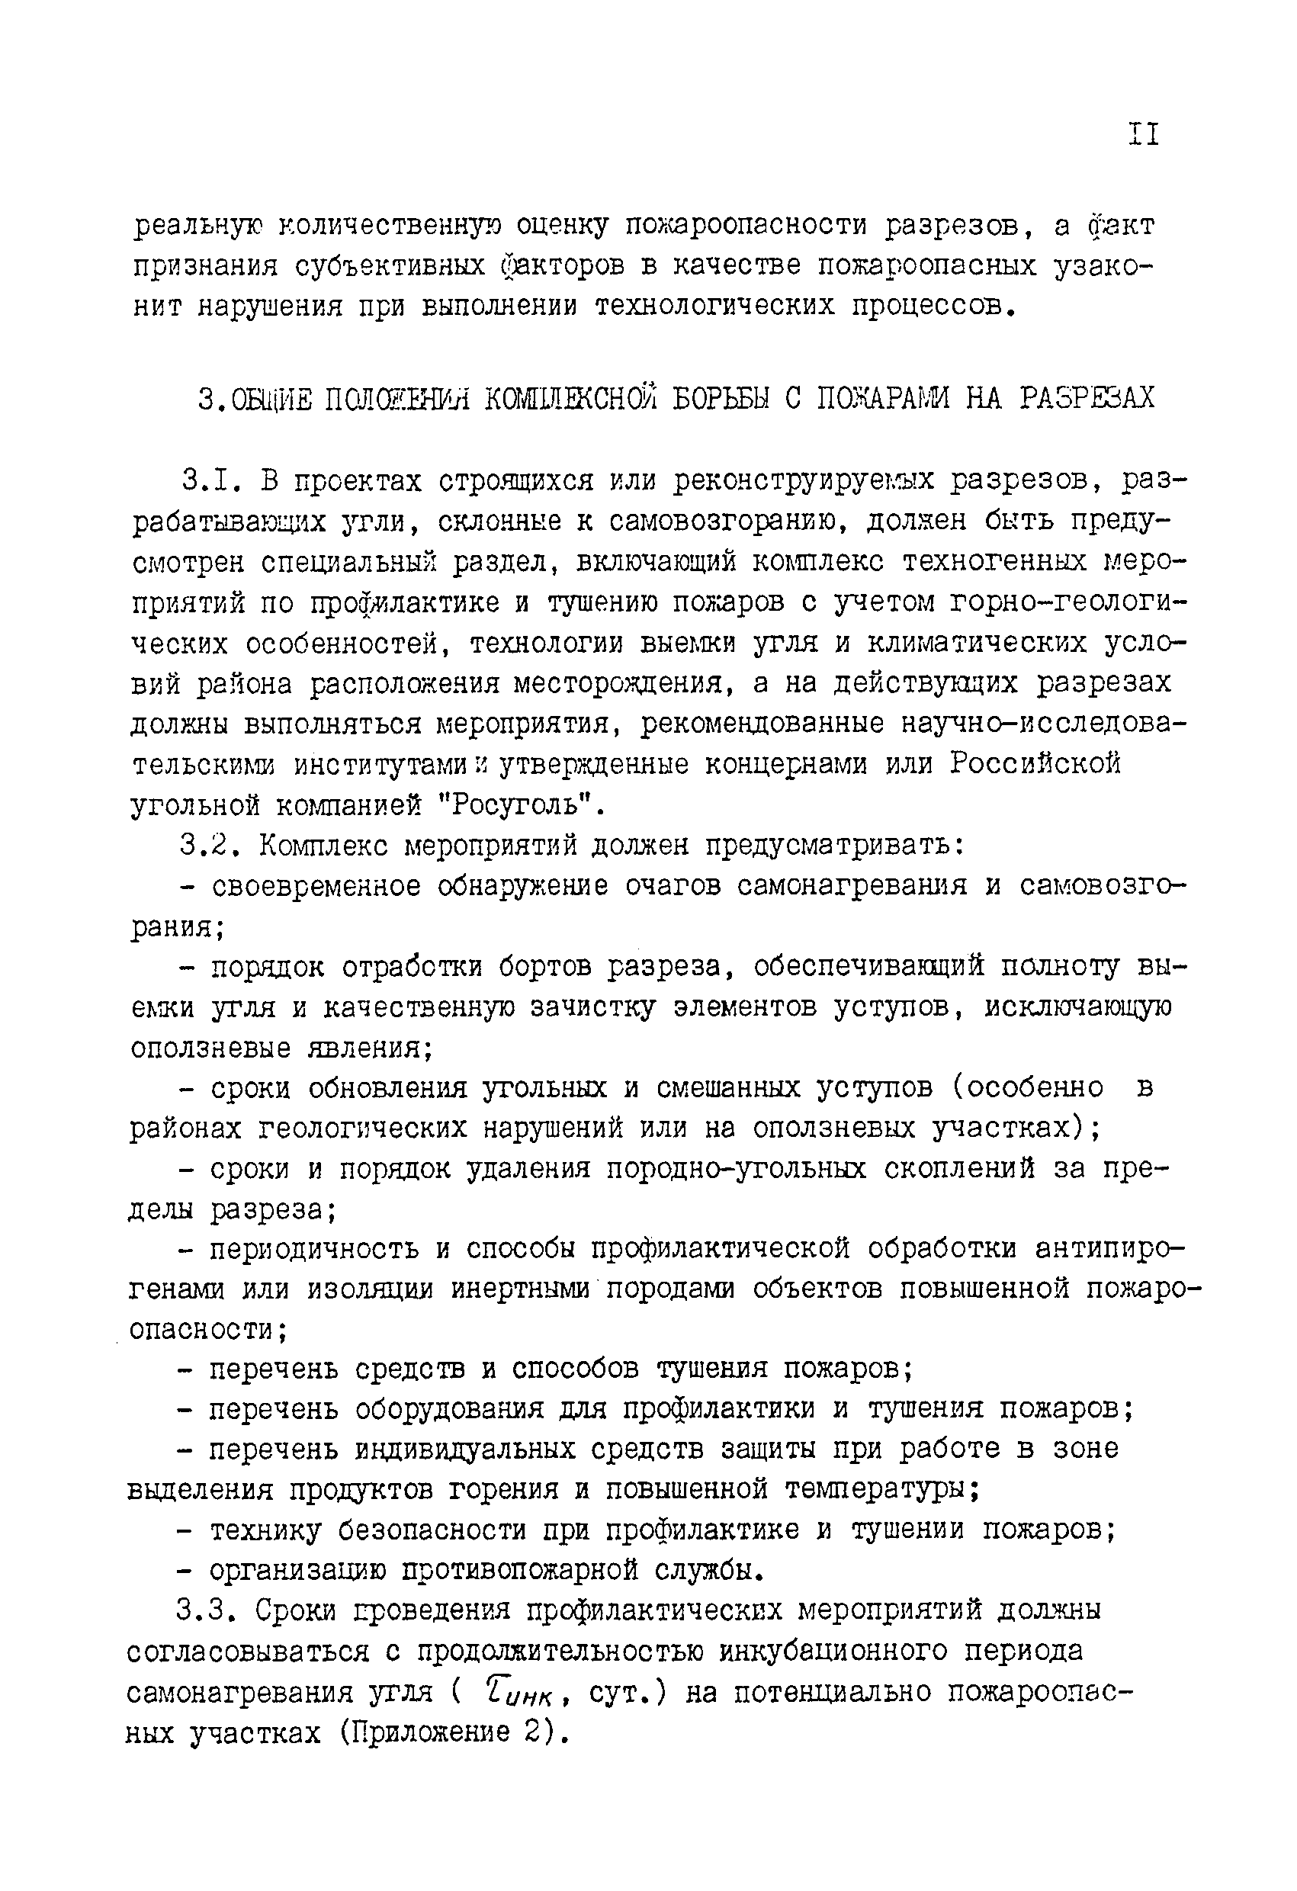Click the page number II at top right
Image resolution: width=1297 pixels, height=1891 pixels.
click(1143, 133)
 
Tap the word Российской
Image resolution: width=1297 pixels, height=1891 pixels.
click(1035, 765)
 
